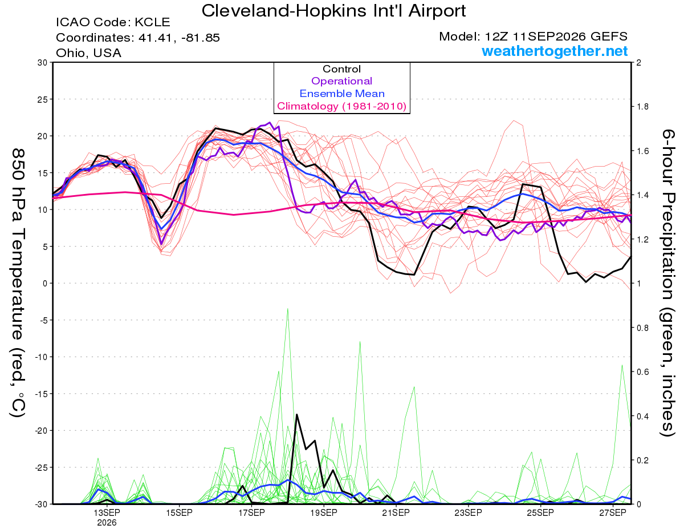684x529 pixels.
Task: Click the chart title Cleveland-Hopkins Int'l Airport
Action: [333, 11]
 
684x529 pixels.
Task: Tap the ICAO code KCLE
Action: [152, 22]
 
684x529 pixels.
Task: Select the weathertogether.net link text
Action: [555, 51]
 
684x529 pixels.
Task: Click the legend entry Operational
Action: [342, 81]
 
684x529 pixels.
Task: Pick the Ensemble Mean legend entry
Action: [342, 94]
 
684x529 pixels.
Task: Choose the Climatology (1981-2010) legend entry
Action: [342, 106]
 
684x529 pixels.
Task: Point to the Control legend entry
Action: [342, 69]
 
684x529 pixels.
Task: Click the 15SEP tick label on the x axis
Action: [179, 513]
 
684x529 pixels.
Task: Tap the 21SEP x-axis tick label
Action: [396, 513]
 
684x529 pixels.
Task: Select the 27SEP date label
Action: [613, 513]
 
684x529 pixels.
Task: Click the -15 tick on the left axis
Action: [41, 394]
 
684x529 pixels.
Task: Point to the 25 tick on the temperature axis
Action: [43, 99]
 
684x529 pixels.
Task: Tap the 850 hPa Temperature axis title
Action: [18, 283]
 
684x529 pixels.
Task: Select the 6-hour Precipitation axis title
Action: [667, 283]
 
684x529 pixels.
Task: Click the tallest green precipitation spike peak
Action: [287, 309]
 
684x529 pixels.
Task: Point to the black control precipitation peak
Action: [296, 415]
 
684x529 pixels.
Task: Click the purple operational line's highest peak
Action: [270, 122]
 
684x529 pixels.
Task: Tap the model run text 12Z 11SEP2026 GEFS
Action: [556, 37]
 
